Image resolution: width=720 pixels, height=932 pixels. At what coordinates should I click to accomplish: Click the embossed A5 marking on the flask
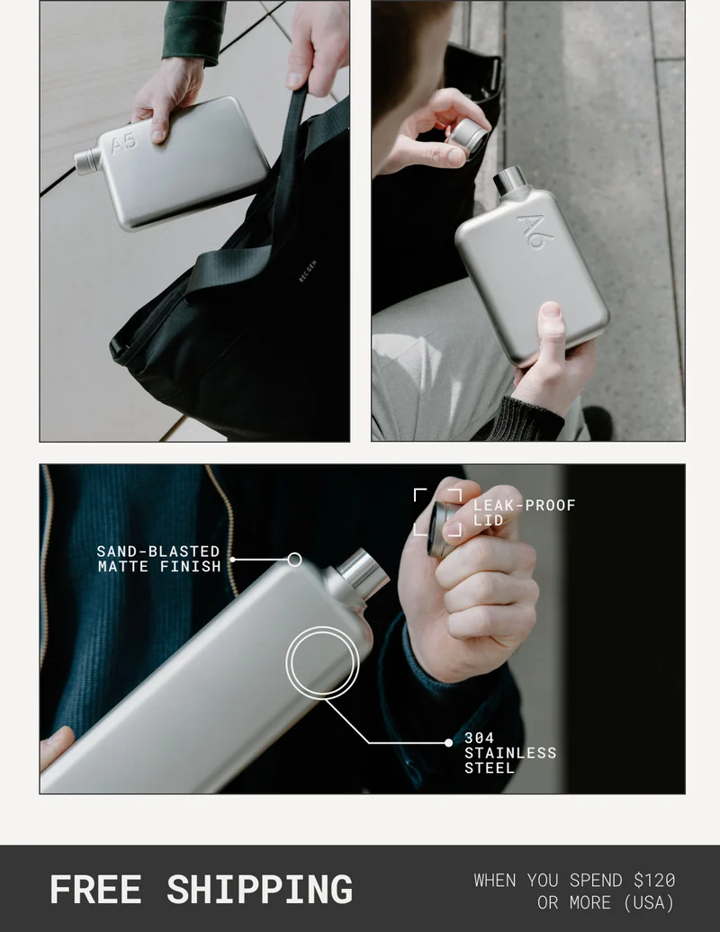(123, 143)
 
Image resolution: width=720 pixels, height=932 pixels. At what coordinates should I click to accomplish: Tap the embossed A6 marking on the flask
(535, 231)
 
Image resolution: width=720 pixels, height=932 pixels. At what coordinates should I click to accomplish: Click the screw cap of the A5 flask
(88, 160)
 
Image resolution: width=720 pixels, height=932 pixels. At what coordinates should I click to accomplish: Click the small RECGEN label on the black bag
(308, 271)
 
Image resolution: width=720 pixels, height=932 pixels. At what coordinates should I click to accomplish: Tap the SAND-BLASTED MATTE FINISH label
(158, 560)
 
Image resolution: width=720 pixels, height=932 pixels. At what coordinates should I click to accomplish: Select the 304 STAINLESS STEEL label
(510, 753)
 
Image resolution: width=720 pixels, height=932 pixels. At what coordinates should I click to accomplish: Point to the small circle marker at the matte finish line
(294, 560)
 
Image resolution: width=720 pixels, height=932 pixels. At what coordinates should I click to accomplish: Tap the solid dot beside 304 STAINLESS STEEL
(448, 742)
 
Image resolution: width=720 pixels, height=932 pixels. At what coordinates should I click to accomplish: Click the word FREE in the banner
(95, 890)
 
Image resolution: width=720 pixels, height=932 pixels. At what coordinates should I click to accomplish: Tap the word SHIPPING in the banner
(260, 890)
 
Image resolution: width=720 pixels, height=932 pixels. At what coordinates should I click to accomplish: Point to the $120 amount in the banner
(654, 880)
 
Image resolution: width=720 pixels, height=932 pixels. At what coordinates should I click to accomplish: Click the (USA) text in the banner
(649, 903)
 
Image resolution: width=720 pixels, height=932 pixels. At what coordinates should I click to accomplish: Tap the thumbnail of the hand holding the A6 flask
(528, 220)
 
